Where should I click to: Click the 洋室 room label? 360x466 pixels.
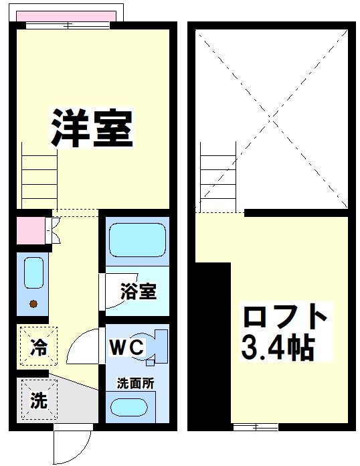coord(92,127)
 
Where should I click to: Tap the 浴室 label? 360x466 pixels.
coord(139,291)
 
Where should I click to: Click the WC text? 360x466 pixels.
coord(126,347)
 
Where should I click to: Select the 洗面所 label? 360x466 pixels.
coord(136,384)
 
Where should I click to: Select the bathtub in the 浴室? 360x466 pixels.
coord(136,240)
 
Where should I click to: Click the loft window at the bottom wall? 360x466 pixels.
coord(255,426)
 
